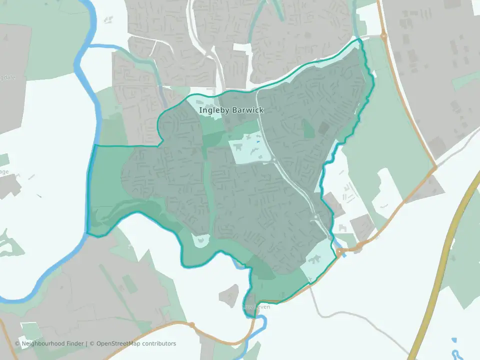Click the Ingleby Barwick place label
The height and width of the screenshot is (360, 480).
(231, 110)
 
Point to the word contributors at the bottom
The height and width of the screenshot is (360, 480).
(159, 343)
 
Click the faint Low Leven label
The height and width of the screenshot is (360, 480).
(256, 306)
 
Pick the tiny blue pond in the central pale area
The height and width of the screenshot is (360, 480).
(258, 142)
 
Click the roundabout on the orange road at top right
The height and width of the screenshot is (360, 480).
(383, 36)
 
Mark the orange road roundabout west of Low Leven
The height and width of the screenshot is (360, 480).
(191, 325)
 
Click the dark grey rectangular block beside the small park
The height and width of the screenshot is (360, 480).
(323, 128)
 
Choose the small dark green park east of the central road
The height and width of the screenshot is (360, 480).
(309, 128)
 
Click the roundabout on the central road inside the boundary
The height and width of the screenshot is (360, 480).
(274, 159)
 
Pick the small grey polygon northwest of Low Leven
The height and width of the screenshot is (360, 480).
(229, 294)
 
